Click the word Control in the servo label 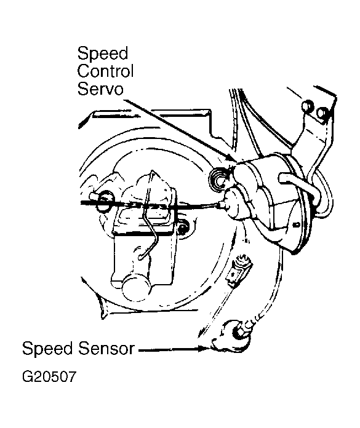(x=105, y=71)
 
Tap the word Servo (x=100, y=89)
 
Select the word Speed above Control (x=103, y=53)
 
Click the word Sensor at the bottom (x=106, y=349)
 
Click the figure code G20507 (x=49, y=377)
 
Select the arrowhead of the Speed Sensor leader (x=204, y=349)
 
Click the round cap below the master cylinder (x=137, y=288)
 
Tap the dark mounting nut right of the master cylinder (x=183, y=226)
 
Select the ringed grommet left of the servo (x=218, y=180)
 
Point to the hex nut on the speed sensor (x=238, y=331)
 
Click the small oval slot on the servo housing (x=295, y=226)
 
